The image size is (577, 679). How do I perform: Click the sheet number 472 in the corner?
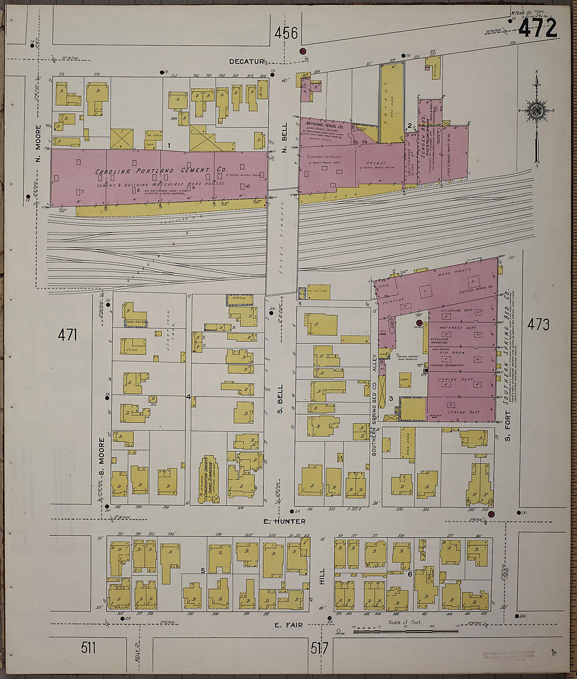[538, 28]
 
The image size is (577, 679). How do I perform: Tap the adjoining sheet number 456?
[286, 34]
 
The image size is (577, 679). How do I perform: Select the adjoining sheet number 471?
[68, 335]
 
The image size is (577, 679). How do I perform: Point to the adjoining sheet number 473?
[538, 325]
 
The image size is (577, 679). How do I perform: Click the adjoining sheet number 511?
[89, 648]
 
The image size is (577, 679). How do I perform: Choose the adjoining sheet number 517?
[319, 649]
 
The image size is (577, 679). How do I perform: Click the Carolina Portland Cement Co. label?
[161, 171]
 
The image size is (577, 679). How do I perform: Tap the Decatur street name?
[245, 61]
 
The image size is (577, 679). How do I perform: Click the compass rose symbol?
[537, 111]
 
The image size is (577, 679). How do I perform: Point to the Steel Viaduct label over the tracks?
[282, 241]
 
